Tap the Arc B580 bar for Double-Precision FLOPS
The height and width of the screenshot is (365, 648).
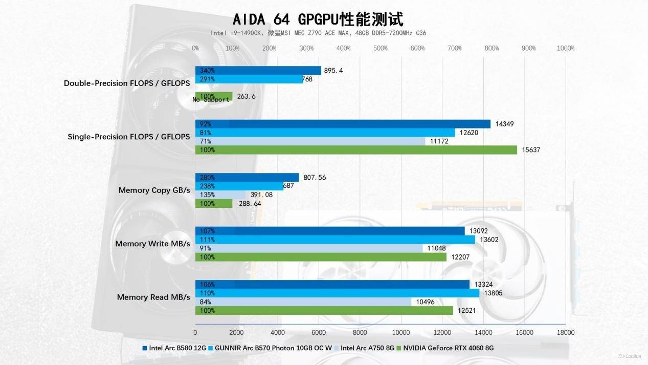(x=258, y=71)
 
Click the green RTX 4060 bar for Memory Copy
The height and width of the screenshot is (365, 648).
(x=214, y=204)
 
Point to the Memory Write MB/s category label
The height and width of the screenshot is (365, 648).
(x=152, y=244)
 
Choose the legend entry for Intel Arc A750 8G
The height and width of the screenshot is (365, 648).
(x=367, y=348)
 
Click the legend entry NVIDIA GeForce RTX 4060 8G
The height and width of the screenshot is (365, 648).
(x=448, y=348)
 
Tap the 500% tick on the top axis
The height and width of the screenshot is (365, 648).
(x=381, y=48)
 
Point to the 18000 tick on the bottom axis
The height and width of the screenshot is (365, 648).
(x=565, y=332)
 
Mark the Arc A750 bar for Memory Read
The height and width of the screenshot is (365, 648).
(x=303, y=302)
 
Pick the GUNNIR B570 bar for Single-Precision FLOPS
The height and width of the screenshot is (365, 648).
(x=325, y=133)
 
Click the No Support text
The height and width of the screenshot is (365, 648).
(x=211, y=99)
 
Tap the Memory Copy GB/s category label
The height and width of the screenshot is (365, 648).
(x=154, y=190)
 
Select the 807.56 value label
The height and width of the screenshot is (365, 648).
(x=315, y=178)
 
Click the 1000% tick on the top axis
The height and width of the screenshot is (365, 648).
(x=565, y=48)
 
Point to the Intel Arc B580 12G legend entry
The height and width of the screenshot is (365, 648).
(x=177, y=348)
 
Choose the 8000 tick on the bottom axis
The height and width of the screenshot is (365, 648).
(x=360, y=332)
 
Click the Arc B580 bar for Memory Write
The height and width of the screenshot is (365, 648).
(x=330, y=231)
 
